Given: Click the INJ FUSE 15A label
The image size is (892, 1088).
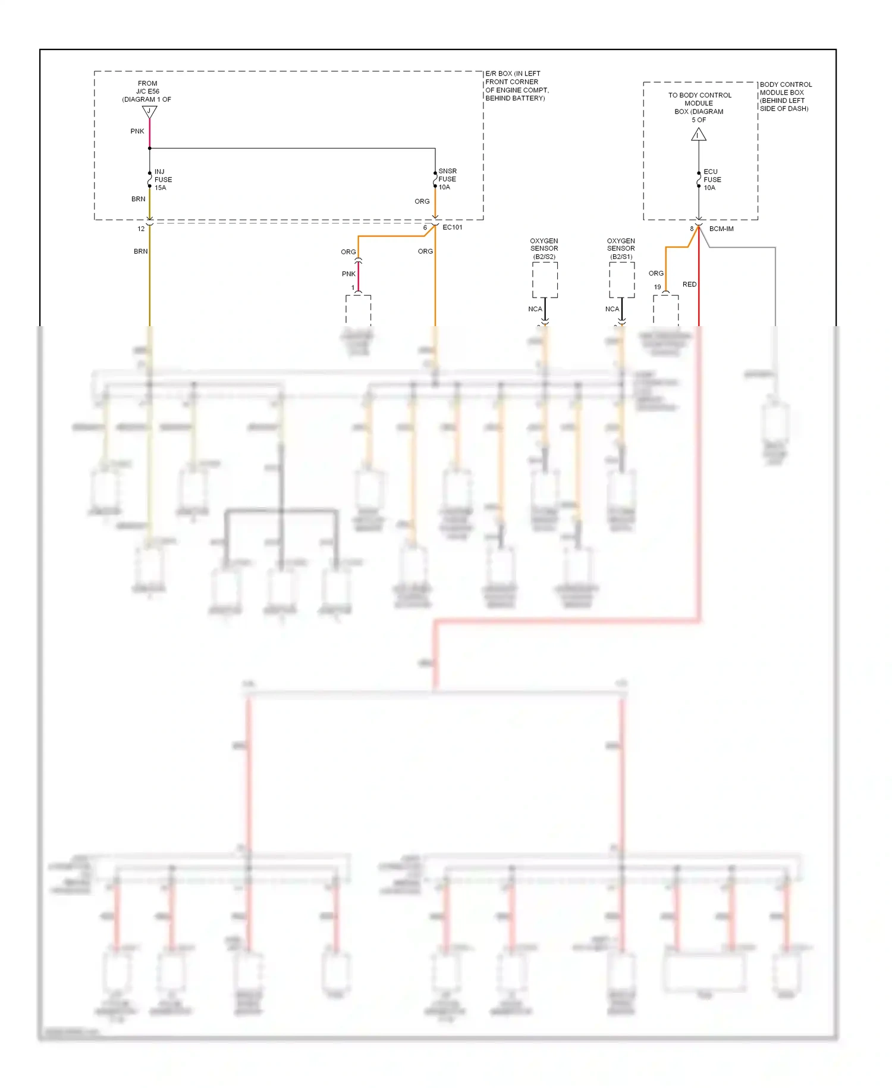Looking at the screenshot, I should click(162, 179).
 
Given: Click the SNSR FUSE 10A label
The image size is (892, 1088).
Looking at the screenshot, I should click(447, 179).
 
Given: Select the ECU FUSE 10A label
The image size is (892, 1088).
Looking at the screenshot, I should click(712, 179).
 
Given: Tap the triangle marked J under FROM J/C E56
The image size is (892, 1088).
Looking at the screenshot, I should click(149, 112).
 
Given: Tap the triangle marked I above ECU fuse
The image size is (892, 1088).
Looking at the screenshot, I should click(699, 136).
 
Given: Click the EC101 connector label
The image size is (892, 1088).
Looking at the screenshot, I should click(452, 227).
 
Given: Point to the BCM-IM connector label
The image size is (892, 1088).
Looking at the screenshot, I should click(721, 229).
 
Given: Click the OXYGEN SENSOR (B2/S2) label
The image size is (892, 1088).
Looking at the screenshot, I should click(544, 249).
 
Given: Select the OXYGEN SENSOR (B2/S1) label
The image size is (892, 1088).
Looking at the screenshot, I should click(621, 249).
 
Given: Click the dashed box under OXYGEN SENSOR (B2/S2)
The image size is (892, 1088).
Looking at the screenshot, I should click(545, 280).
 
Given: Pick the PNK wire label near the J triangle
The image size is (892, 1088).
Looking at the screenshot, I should click(137, 131).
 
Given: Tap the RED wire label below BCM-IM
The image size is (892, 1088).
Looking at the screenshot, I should click(689, 284).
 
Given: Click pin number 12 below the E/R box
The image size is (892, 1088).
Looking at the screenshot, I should click(141, 229).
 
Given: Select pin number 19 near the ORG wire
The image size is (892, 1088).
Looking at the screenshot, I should click(657, 287).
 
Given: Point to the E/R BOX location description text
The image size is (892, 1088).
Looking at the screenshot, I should click(516, 86).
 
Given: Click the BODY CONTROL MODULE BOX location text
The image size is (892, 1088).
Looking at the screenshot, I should click(785, 96).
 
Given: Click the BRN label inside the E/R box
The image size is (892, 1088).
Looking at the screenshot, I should click(138, 199).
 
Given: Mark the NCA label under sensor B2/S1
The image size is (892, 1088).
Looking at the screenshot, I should click(612, 309).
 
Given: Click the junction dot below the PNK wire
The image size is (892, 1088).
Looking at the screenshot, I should click(149, 148).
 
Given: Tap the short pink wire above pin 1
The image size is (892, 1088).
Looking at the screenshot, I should click(358, 275).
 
